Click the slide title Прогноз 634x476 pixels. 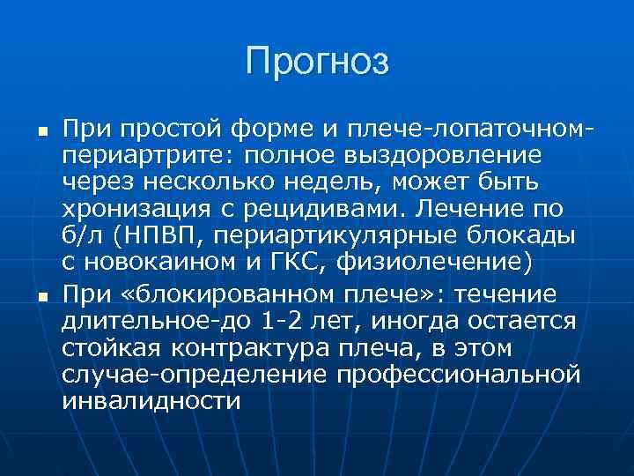click(317, 61)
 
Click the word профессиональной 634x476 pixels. click(458, 375)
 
